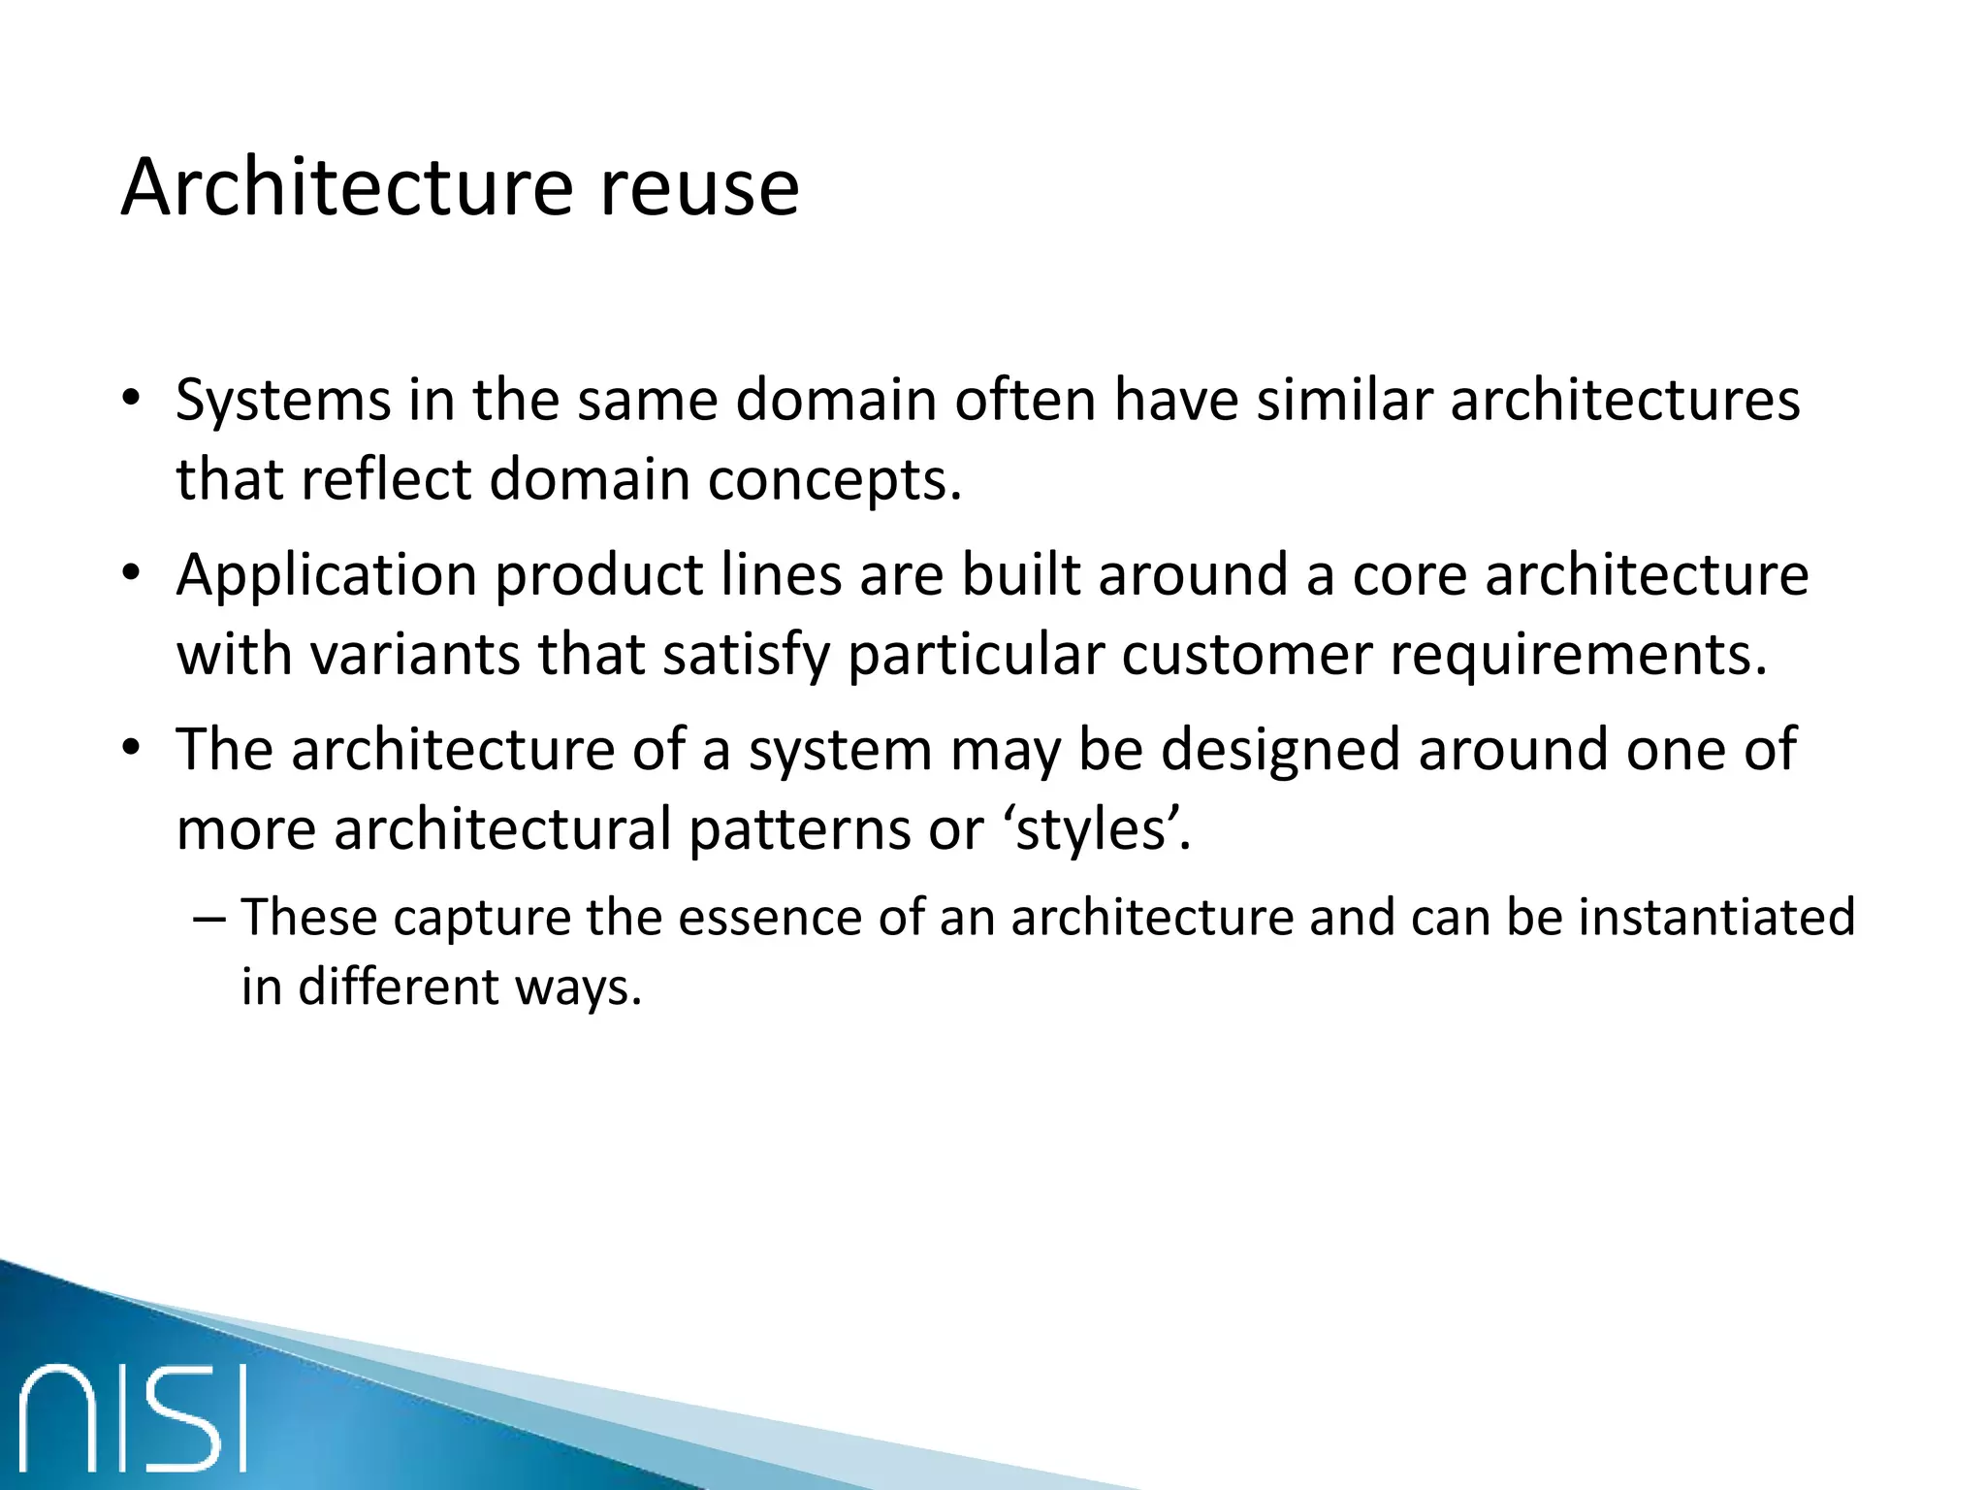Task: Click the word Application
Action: click(x=327, y=574)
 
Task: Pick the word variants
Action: click(x=415, y=654)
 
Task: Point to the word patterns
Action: click(x=800, y=829)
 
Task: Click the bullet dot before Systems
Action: click(x=132, y=400)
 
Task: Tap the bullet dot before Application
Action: click(x=132, y=574)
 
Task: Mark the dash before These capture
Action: click(x=208, y=918)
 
